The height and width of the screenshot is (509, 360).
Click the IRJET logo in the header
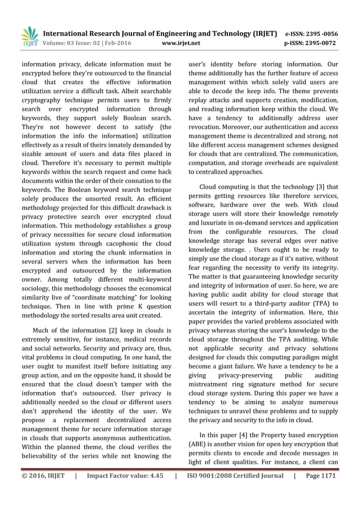(x=29, y=36)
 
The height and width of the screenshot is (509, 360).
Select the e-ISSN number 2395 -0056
(x=323, y=33)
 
